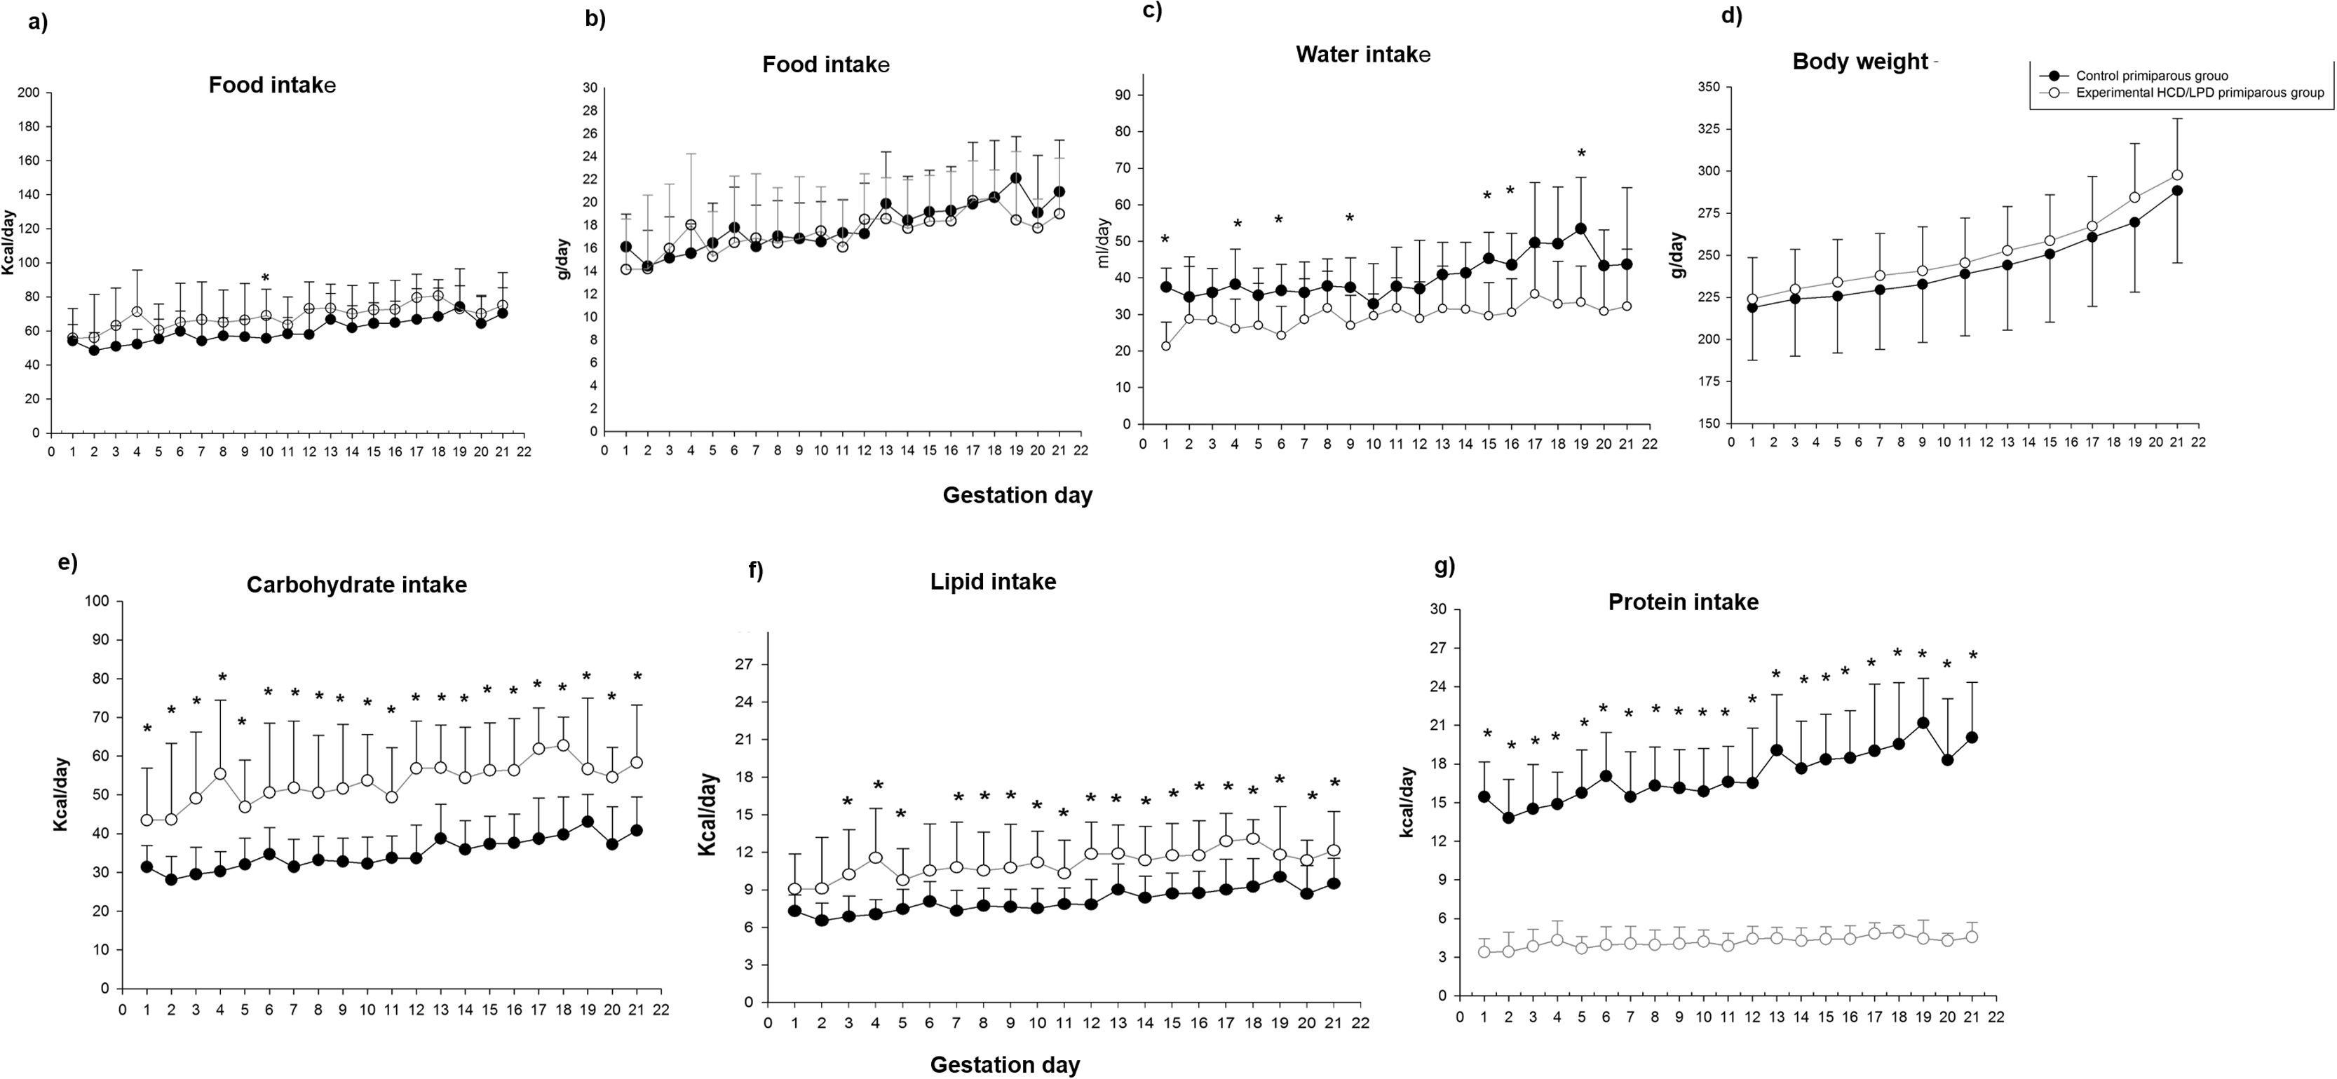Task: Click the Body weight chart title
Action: (x=1860, y=62)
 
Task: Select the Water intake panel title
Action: (x=1362, y=55)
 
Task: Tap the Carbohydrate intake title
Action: (x=356, y=585)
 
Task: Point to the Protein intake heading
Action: (x=1683, y=602)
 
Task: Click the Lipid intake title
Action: (x=992, y=582)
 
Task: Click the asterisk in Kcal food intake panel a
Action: (x=265, y=278)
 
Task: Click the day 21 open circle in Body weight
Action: (x=2176, y=175)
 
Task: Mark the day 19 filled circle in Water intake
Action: (x=1580, y=229)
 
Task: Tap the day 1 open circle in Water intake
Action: (x=1166, y=346)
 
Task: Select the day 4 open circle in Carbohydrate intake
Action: (x=220, y=774)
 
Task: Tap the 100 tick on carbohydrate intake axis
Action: (x=96, y=601)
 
